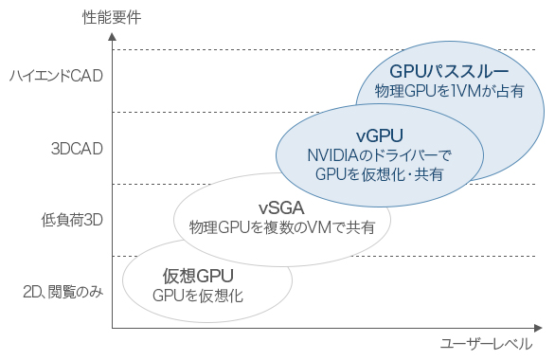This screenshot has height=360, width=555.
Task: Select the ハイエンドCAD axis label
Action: click(x=55, y=76)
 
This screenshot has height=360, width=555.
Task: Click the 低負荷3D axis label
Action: click(x=72, y=220)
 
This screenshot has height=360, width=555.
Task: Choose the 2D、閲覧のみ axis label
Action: click(x=62, y=292)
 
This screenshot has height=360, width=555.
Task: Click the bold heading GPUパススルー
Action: click(x=449, y=71)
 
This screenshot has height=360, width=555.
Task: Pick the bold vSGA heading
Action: click(x=281, y=207)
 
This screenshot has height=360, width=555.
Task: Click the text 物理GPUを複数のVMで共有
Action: click(x=282, y=227)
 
